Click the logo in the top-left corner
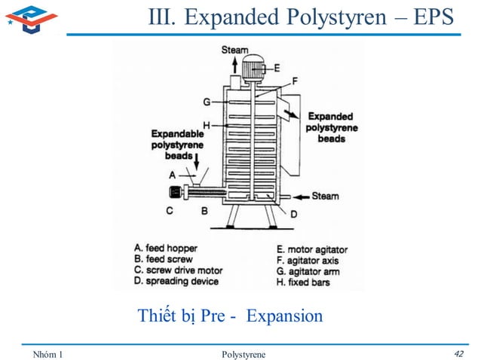[30, 18]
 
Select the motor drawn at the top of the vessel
[257, 67]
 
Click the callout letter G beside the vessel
[206, 102]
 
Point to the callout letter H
[206, 124]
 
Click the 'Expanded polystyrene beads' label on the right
[332, 127]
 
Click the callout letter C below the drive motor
[170, 211]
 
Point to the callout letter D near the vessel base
[293, 215]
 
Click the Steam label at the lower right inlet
[325, 196]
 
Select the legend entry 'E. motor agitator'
[312, 249]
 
